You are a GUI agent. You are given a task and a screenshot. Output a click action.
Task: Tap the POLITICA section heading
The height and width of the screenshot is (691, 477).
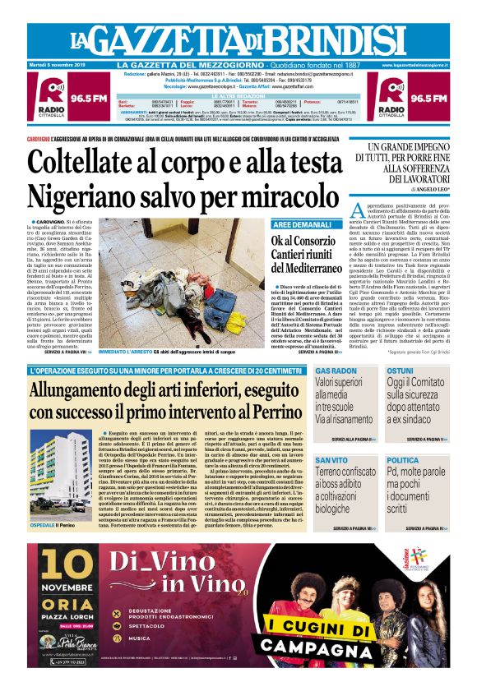403,460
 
